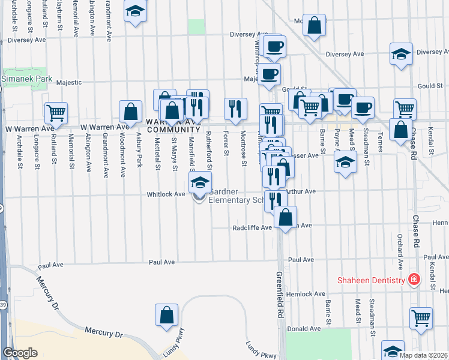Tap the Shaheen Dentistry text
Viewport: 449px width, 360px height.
click(x=370, y=280)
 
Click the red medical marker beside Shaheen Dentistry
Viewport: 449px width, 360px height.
click(x=413, y=279)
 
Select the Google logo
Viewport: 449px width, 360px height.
click(x=20, y=353)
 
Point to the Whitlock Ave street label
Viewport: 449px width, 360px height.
click(x=166, y=194)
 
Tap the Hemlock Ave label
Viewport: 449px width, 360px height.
click(x=306, y=293)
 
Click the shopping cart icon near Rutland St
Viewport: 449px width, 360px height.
click(x=56, y=112)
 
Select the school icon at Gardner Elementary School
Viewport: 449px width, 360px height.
click(x=200, y=182)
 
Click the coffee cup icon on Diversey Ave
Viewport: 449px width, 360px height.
click(x=274, y=46)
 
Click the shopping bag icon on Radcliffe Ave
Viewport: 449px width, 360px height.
click(x=286, y=216)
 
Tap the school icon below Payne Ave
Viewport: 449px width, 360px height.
click(x=345, y=162)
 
